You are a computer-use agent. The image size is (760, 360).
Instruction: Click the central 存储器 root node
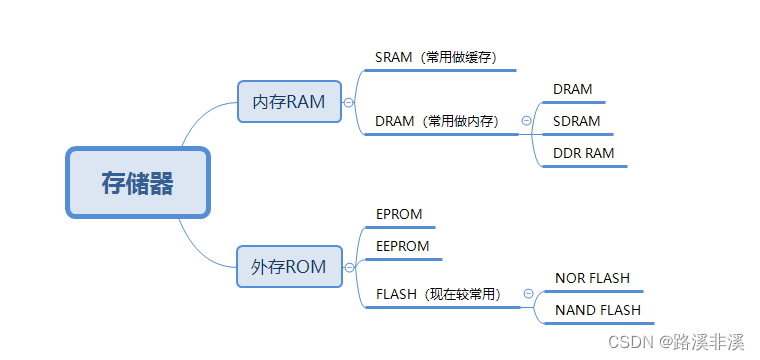pos(138,183)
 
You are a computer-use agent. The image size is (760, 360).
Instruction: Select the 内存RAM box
pos(289,101)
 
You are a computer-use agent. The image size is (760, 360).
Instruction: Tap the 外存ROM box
pos(289,266)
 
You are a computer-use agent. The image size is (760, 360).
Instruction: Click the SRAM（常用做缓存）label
pos(436,57)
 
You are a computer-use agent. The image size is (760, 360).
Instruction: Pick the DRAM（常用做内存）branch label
pos(437,121)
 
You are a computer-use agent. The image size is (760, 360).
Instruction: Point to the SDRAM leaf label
pos(577,121)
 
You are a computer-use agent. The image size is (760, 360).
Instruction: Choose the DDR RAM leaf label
pos(584,153)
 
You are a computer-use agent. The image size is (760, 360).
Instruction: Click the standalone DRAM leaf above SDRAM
pos(573,89)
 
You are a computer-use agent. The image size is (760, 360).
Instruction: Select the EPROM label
pos(399,214)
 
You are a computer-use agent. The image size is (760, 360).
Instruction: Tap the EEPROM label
pos(403,246)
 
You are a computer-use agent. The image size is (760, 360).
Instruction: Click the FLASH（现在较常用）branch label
pos(439,294)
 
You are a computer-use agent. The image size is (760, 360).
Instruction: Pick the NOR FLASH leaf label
pos(593,278)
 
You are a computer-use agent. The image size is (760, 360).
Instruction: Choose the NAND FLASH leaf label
pos(598,310)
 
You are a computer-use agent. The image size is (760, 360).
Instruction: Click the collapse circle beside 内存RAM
pos(348,102)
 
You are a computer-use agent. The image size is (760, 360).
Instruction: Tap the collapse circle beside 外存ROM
pos(348,267)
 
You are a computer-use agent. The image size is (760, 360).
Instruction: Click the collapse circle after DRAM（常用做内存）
pos(526,121)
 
